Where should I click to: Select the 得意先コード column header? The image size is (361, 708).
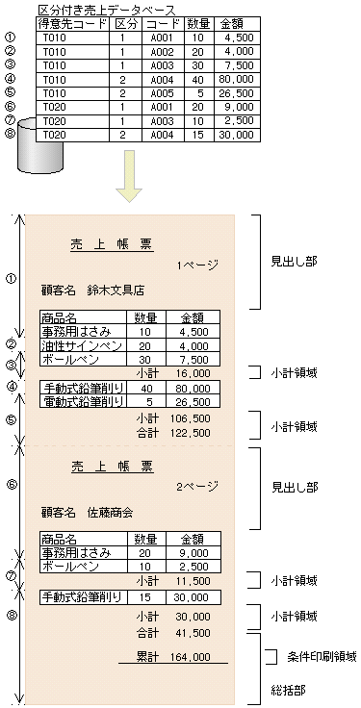(x=73, y=22)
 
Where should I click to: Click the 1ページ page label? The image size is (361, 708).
(x=196, y=265)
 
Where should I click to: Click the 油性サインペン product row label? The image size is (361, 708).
(x=82, y=346)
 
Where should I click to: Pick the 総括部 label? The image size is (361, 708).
(x=287, y=690)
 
